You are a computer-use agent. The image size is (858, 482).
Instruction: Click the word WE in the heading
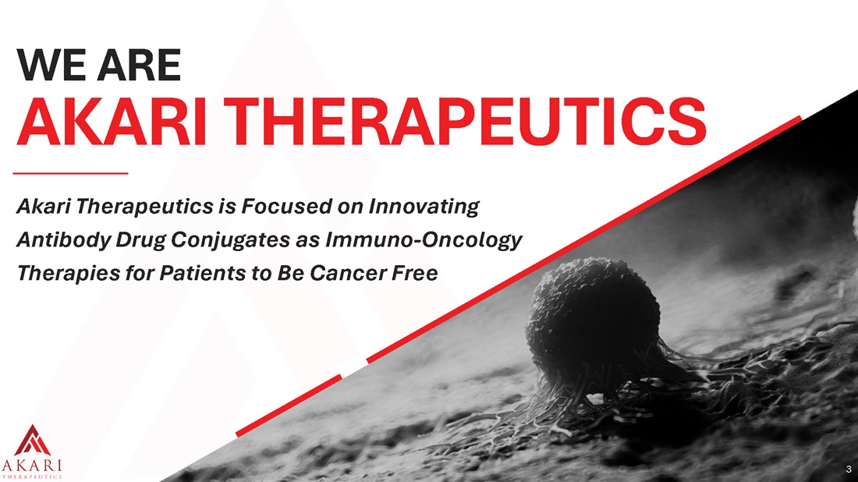tap(50, 65)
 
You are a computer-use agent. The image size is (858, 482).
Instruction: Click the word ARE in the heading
tap(140, 65)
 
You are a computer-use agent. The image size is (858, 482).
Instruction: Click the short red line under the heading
tap(70, 173)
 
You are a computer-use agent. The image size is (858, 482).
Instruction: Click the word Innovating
tap(424, 207)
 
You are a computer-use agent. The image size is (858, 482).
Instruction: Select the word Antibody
tap(63, 239)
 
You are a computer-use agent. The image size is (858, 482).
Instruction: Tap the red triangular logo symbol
tap(33, 441)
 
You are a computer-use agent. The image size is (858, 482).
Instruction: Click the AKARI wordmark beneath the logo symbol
tap(32, 466)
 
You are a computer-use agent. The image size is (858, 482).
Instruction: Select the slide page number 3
tap(849, 469)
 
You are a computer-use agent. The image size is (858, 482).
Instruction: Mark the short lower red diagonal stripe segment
tap(289, 406)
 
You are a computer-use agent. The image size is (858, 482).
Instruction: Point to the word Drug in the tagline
tap(140, 240)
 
